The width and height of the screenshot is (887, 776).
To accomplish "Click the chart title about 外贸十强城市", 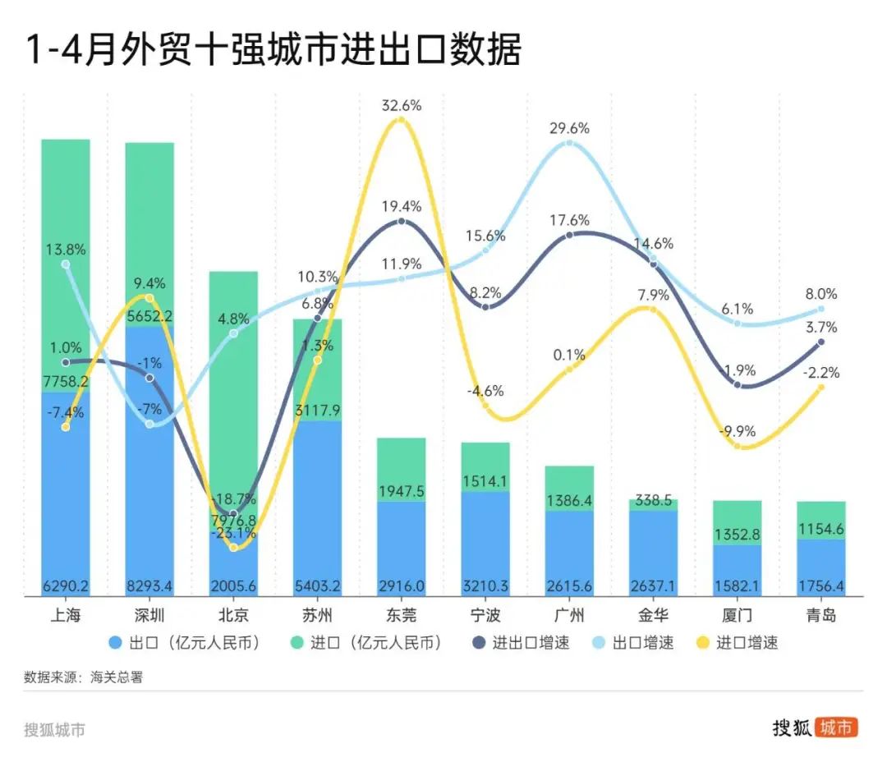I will tap(273, 50).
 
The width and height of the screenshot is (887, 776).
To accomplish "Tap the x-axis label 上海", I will tap(66, 614).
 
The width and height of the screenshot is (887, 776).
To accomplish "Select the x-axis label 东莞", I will tap(401, 614).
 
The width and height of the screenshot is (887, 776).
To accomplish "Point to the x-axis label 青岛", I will tap(820, 614).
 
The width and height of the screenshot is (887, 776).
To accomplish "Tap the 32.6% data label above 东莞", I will tap(401, 105).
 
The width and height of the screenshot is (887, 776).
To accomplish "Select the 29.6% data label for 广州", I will tap(569, 128).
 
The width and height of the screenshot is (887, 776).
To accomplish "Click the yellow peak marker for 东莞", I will tap(401, 121).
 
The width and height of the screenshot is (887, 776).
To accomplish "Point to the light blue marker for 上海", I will tap(66, 264).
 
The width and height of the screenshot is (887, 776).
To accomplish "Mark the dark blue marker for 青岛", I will tap(820, 342).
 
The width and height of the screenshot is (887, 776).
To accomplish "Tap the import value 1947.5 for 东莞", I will tap(401, 491).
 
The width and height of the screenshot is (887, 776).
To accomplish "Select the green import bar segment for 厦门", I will tap(737, 523).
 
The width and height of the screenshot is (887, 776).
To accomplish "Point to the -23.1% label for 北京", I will tap(233, 533).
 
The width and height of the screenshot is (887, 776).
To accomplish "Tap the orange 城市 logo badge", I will tap(836, 728).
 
